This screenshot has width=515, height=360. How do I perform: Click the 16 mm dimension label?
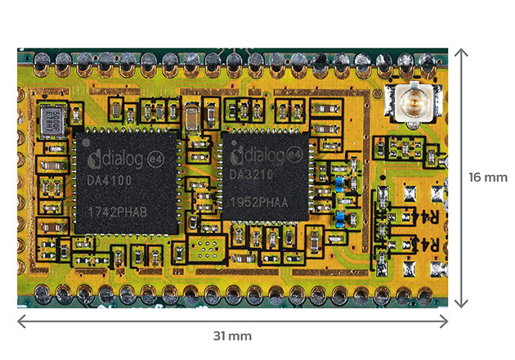tap(488, 177)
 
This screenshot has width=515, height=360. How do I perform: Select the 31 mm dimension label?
tap(233, 336)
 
